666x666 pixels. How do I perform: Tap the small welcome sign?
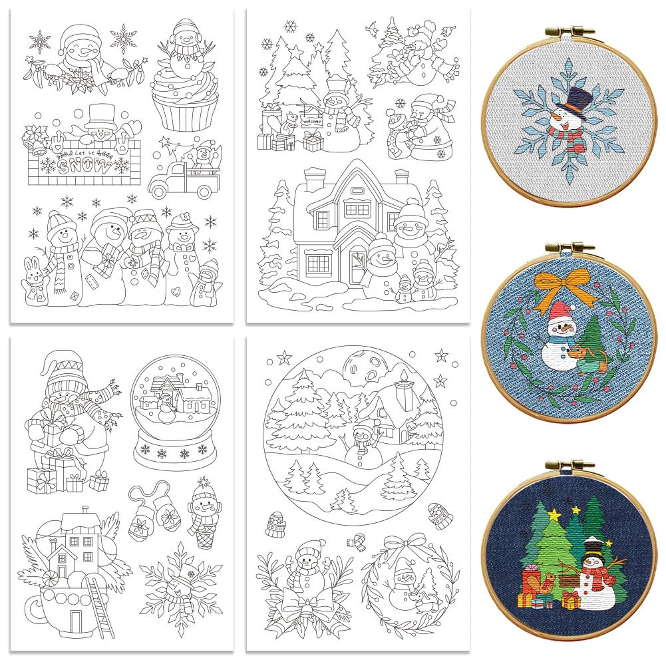click(x=311, y=122)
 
